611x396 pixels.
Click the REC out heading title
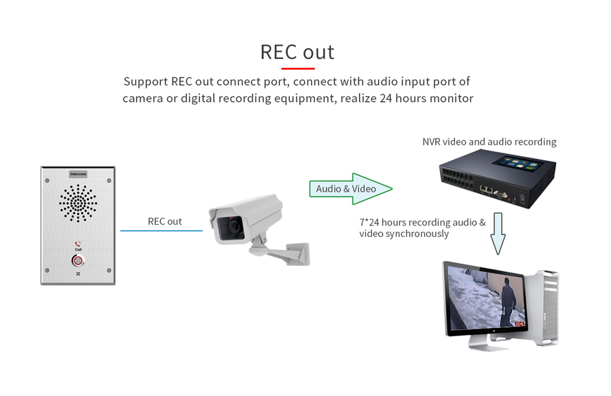coord(297,52)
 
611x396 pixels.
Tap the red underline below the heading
coord(297,69)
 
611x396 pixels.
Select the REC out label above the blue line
coord(165,221)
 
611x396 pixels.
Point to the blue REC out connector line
coord(162,231)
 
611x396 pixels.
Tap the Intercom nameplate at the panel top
coord(78,175)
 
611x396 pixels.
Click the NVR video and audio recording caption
coord(489,142)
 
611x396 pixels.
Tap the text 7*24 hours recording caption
coord(422,228)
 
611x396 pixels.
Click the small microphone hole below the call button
coord(78,274)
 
